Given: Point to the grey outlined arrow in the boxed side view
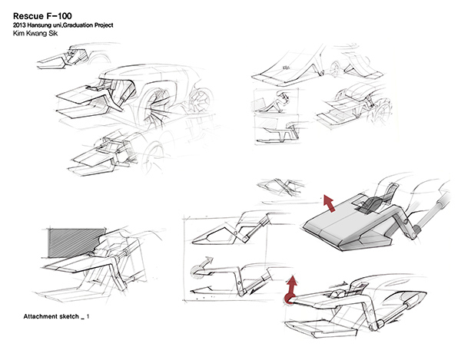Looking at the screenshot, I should (199, 270).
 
